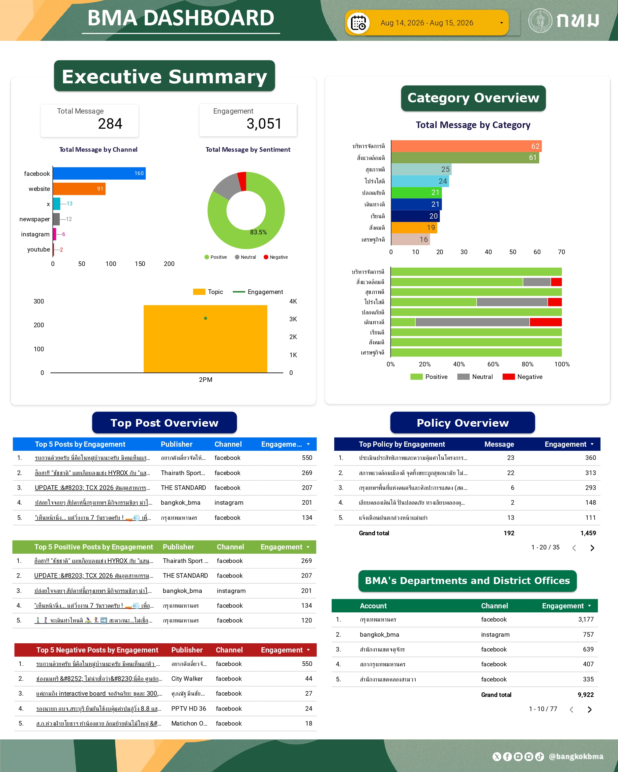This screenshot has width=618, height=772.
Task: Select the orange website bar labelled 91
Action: pos(79,189)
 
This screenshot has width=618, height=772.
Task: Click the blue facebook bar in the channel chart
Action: pos(99,173)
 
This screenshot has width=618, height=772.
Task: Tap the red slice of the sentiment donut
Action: pos(242,181)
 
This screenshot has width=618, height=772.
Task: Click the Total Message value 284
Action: pos(110,124)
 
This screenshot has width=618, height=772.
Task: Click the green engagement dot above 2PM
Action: pos(205,318)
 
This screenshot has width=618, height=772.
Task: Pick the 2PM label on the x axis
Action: pos(205,380)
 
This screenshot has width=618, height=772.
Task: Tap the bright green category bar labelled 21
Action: pos(416,193)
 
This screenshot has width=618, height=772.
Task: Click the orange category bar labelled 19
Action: pos(414,228)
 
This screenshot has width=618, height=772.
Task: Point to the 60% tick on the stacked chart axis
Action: pos(493,364)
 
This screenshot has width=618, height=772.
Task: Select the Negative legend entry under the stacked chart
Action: pos(523,377)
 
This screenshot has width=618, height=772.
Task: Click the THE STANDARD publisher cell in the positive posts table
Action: pos(185,575)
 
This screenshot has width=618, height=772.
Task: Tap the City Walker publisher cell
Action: pos(187,679)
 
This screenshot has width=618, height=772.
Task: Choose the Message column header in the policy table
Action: pos(499,444)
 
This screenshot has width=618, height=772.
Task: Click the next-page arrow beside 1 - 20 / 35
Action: pos(592,548)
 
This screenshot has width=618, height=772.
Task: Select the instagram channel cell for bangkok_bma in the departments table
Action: pos(495,634)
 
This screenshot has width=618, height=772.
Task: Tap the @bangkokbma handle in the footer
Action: pos(576,756)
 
